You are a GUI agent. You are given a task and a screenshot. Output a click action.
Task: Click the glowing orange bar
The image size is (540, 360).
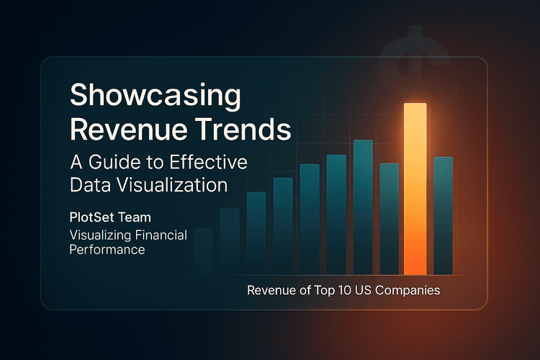coord(415,189)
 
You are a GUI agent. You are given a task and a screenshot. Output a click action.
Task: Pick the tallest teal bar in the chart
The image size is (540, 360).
coord(363,207)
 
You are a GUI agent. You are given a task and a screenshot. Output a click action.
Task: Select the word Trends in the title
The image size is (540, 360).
coord(249,131)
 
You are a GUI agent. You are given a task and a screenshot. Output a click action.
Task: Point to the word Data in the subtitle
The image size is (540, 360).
coord(89,184)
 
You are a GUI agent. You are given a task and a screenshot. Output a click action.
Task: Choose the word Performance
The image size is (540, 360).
coord(107,250)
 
